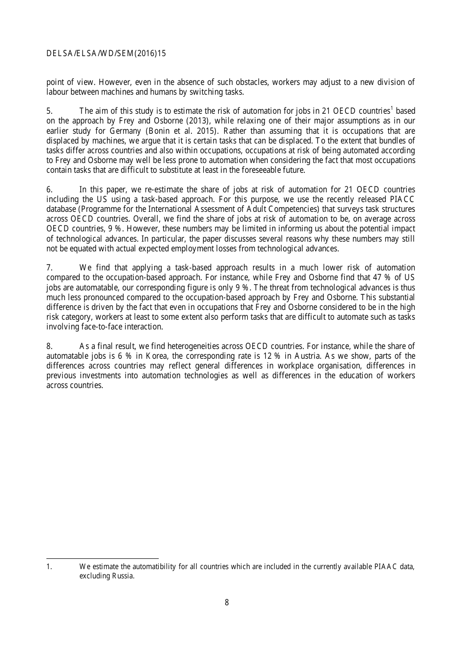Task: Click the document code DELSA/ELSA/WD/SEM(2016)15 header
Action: coord(106,54)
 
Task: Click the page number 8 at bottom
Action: coord(227,602)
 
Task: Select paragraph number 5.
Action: coord(49,111)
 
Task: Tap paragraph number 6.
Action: coord(49,190)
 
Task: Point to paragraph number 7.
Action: coord(49,268)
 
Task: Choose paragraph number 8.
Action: coord(49,347)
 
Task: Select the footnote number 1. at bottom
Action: coord(49,567)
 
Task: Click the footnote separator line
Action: coord(102,558)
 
